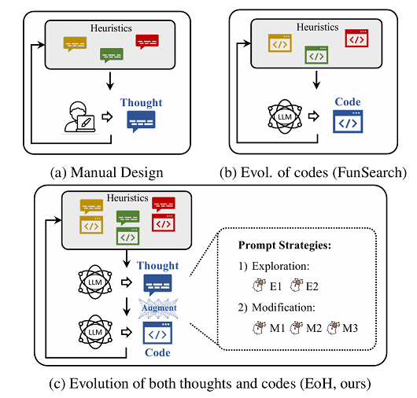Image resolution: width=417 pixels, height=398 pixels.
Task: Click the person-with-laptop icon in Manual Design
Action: (x=79, y=116)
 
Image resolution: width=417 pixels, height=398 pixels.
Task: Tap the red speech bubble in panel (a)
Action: (x=147, y=42)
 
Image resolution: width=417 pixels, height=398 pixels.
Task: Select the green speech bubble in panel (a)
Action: (x=112, y=55)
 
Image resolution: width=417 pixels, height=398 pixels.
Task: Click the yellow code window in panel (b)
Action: (x=280, y=43)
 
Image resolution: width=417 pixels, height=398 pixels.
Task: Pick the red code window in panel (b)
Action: (x=356, y=39)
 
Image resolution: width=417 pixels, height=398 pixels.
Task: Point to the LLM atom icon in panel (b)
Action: (x=285, y=116)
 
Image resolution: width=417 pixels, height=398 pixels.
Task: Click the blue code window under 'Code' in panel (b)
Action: (x=348, y=122)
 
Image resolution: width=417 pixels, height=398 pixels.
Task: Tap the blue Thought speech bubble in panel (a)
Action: (x=141, y=121)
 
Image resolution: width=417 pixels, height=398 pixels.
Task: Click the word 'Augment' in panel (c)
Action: (x=159, y=308)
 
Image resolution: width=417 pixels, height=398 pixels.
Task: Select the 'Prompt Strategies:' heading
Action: (x=285, y=245)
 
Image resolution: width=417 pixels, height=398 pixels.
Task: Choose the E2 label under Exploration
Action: (x=312, y=286)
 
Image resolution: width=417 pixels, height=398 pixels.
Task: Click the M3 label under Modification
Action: (x=350, y=328)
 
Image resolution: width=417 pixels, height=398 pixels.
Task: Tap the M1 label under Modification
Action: (x=277, y=328)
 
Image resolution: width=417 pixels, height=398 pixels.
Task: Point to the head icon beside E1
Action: (x=260, y=286)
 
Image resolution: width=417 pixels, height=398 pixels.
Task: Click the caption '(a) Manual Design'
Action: (x=107, y=172)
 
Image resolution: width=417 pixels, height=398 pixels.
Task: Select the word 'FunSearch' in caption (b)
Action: (x=369, y=172)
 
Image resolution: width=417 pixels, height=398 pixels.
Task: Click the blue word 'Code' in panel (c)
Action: (x=157, y=352)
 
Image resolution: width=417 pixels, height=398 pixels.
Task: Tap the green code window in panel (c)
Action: (x=128, y=236)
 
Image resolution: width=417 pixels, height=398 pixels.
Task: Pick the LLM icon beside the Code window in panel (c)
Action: (x=95, y=332)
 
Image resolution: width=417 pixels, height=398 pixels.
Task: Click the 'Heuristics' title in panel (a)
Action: (x=111, y=28)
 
